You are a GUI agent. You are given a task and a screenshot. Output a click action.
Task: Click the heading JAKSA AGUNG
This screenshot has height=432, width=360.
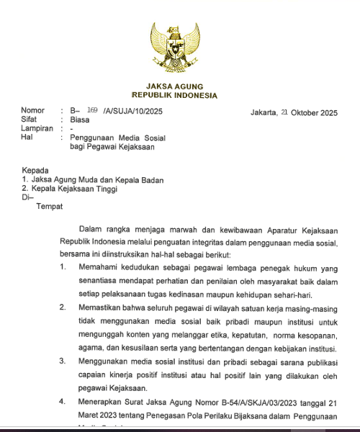(x=174, y=86)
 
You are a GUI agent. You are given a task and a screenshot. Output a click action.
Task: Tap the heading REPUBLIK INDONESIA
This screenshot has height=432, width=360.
(x=174, y=95)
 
